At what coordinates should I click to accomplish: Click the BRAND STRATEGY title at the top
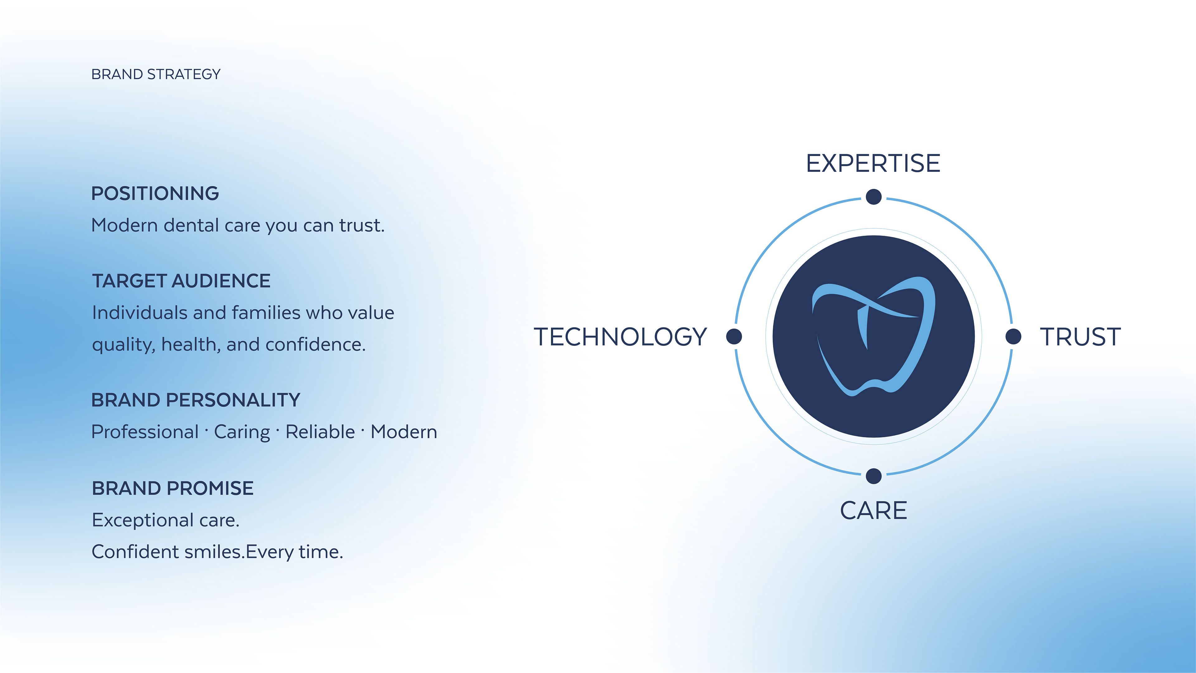[x=156, y=74]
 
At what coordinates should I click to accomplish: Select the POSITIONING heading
[x=155, y=193]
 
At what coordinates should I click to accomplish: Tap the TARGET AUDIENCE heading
[x=181, y=281]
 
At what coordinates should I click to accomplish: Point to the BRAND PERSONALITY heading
[x=196, y=400]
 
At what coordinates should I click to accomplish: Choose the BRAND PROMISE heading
[x=173, y=488]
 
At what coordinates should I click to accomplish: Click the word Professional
[x=145, y=432]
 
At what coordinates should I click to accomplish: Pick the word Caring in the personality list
[x=242, y=433]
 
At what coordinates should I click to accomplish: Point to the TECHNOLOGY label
[x=620, y=337]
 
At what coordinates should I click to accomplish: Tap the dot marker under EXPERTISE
[x=874, y=197]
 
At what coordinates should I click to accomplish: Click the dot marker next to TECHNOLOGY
[x=734, y=336]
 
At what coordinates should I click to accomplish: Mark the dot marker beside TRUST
[x=1013, y=336]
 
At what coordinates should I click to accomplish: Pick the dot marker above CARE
[x=874, y=476]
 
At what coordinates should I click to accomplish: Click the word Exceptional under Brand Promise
[x=143, y=520]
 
